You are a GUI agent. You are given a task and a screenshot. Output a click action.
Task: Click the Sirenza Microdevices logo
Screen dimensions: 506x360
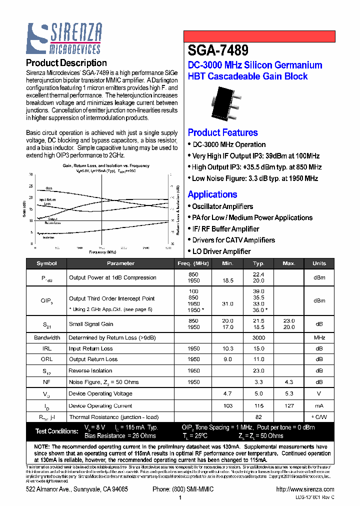point(64,38)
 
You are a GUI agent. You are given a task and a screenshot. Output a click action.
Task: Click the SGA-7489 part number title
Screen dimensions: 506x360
point(217,50)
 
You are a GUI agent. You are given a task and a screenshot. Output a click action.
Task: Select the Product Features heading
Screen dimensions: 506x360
point(222,132)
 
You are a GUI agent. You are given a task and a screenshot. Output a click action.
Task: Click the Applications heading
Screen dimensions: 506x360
point(212,194)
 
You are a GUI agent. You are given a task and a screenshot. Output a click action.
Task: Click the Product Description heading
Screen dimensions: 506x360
point(66,63)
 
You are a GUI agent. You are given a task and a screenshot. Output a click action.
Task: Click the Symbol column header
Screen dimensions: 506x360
point(47,263)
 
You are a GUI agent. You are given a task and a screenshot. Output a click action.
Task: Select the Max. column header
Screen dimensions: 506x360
point(289,263)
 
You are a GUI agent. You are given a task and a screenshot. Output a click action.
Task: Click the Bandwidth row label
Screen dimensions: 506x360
point(47,337)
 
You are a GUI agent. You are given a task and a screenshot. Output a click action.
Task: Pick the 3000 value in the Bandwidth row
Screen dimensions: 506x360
point(258,337)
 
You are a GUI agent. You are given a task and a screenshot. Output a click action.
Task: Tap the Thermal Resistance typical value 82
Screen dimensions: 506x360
point(258,417)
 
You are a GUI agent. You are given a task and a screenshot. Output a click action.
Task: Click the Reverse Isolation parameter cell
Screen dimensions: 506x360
point(90,370)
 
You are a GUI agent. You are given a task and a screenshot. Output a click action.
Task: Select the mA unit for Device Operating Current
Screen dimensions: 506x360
point(319,406)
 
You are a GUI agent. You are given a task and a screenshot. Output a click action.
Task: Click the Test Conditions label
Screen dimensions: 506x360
point(56,431)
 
